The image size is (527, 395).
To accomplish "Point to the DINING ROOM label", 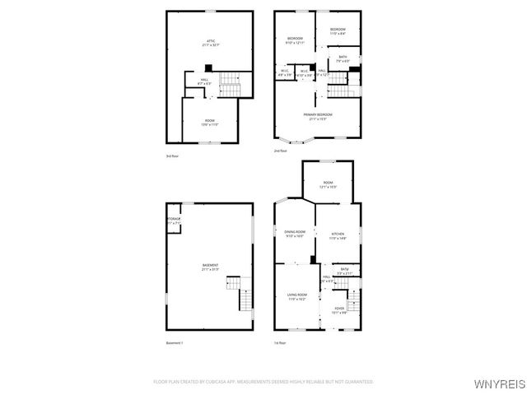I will (x=295, y=234).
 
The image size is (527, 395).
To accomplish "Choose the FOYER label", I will (x=338, y=309).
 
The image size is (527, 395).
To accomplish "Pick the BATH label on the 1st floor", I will (x=346, y=271).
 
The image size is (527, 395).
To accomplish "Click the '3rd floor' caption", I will (x=172, y=155).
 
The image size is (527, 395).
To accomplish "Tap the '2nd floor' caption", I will (x=281, y=151).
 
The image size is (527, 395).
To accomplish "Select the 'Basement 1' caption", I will (x=174, y=342).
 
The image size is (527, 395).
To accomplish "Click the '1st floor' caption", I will (x=281, y=342).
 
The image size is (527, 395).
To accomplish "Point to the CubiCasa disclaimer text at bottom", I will (x=263, y=382).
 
